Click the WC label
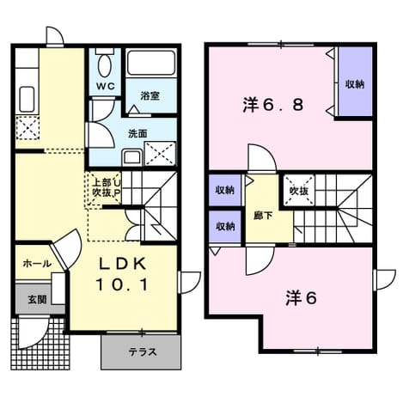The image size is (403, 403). tap(105, 86)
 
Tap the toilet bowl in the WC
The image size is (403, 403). tap(104, 66)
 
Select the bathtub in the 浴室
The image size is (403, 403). tap(150, 63)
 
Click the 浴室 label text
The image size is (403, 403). tap(150, 96)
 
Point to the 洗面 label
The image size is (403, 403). tap(137, 133)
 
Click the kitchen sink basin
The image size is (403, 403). tap(27, 100)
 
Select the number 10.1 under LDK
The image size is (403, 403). tap(123, 285)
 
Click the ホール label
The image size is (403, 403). tap(37, 263)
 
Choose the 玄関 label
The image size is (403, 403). tap(37, 300)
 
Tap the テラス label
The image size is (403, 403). tap(143, 351)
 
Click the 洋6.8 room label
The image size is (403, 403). tap(273, 105)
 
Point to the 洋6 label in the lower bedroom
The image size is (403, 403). tap(301, 299)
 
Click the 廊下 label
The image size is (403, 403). tap(263, 216)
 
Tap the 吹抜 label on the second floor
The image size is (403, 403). tap(299, 191)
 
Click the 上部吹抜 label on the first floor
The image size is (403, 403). tap(101, 187)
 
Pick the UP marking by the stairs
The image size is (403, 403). tap(117, 187)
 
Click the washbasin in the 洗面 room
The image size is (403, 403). tap(132, 157)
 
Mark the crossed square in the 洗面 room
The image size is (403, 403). tap(160, 153)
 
